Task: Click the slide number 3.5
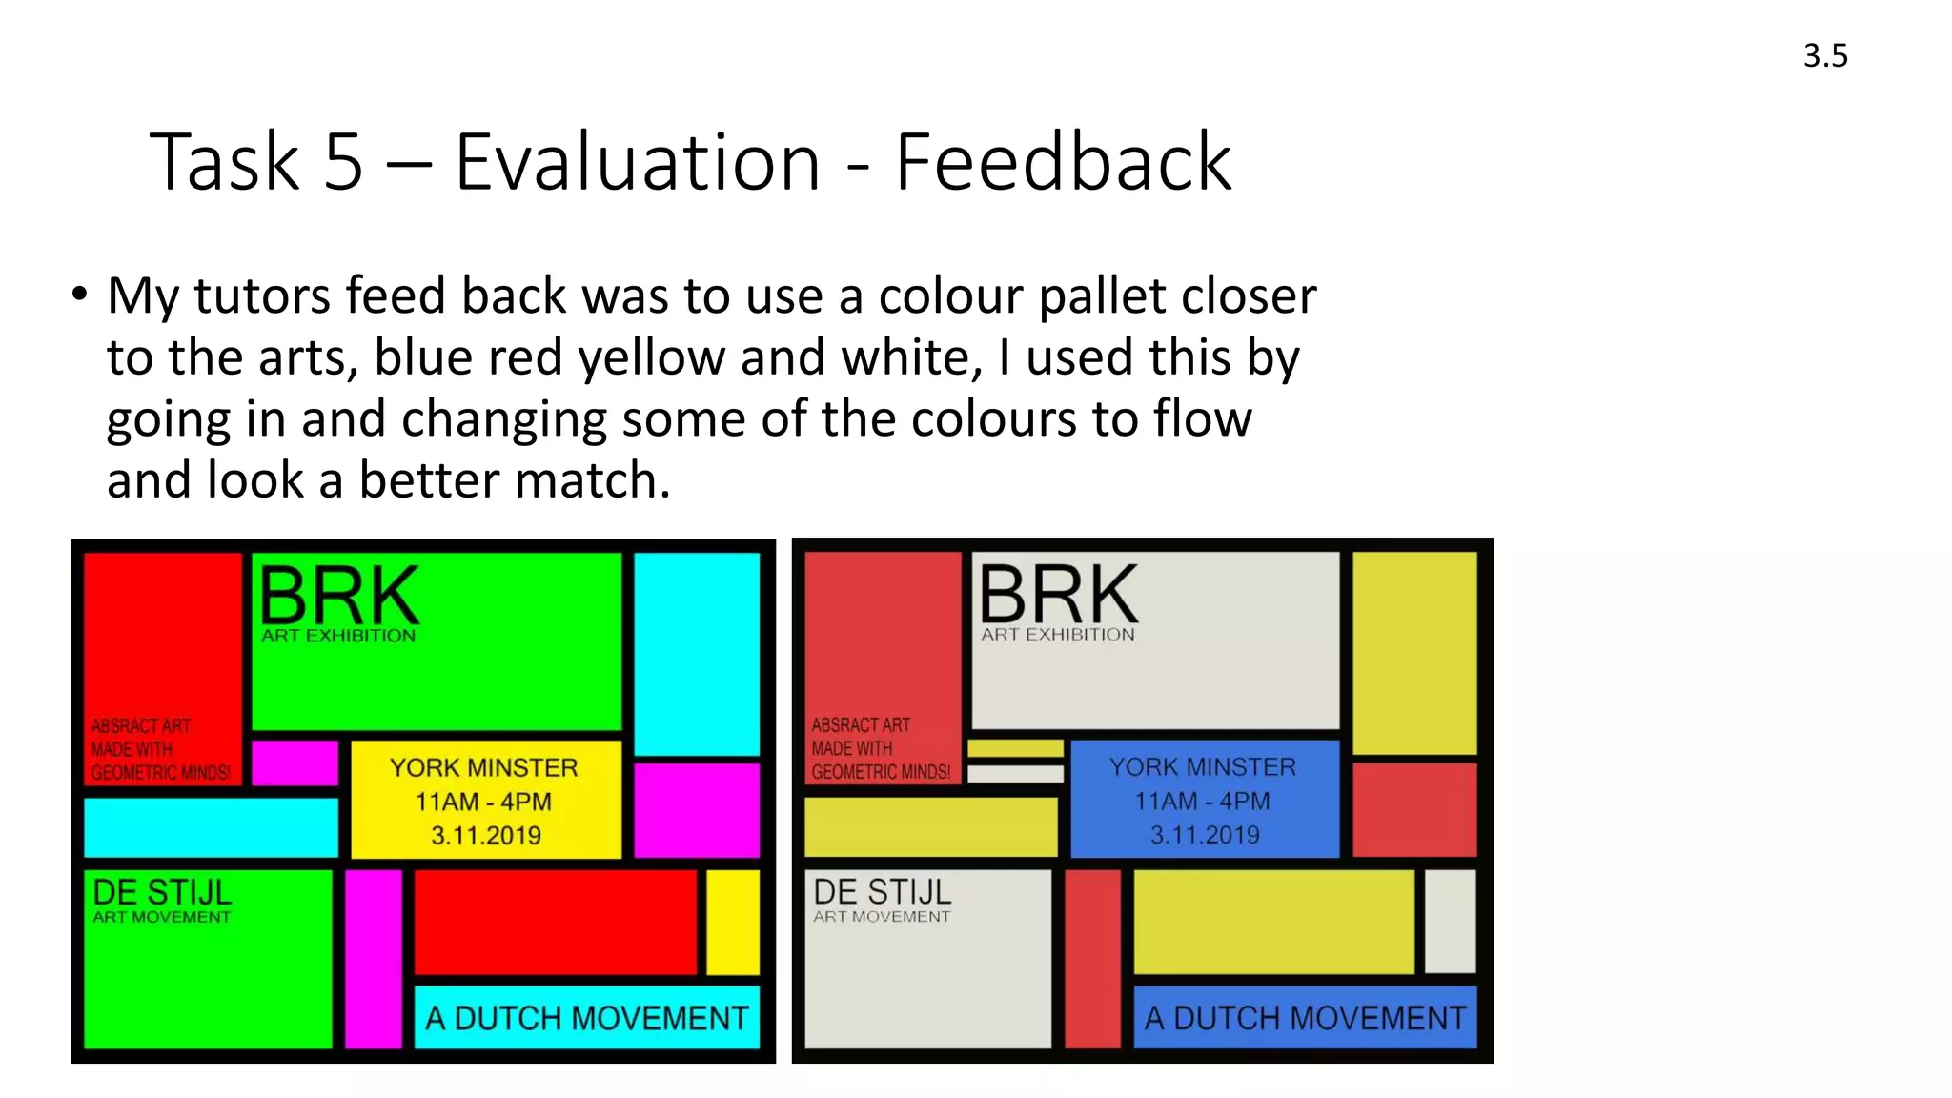1824,55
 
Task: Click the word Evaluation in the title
637,163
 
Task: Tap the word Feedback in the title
1063,163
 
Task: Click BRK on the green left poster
338,596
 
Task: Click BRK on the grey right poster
1058,596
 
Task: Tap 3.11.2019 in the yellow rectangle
486,836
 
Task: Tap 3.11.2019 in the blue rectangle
1205,836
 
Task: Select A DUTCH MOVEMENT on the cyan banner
586,1018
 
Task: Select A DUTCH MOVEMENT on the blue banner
1305,1018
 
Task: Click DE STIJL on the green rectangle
162,893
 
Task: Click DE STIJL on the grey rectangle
883,893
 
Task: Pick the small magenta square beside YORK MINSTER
295,762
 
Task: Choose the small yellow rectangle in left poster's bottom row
732,922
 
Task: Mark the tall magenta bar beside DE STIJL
373,958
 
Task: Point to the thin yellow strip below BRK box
1015,748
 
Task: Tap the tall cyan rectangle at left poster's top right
697,654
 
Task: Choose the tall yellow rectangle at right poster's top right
1414,654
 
